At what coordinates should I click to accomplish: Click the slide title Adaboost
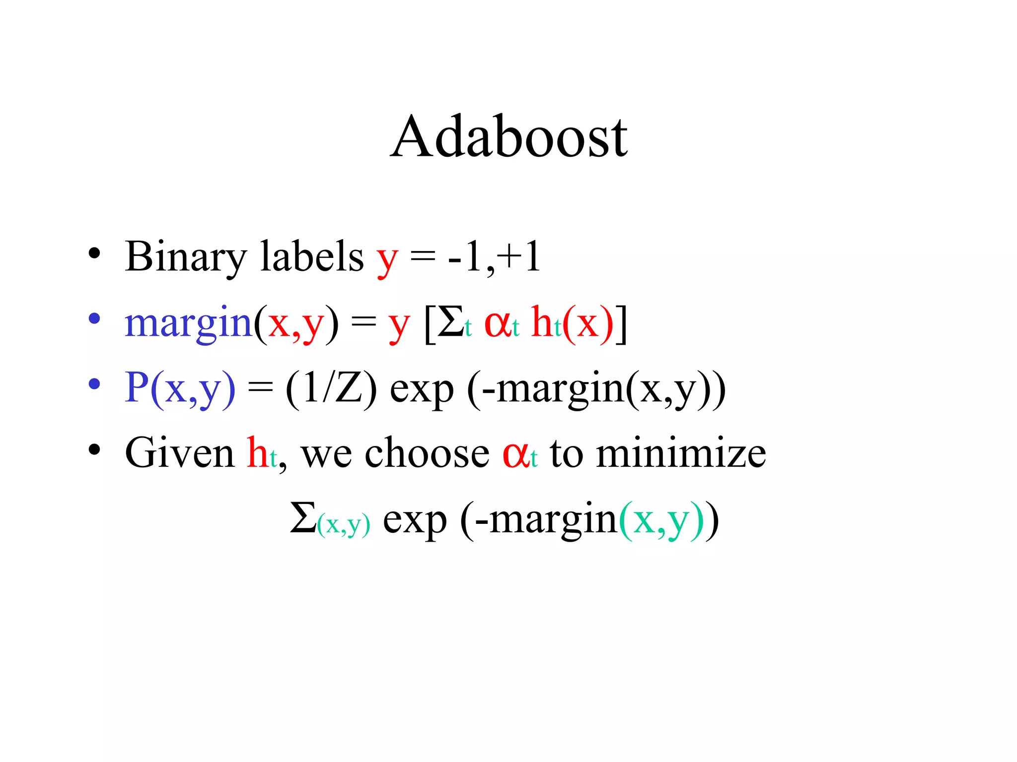coord(508,136)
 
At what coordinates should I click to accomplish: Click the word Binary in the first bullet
coord(185,257)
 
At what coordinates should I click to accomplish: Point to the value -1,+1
coord(494,257)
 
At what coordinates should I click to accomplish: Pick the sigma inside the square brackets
coord(451,322)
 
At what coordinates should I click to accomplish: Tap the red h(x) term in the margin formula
coord(571,322)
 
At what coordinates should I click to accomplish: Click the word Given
coord(179,452)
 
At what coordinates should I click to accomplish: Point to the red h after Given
coord(257,452)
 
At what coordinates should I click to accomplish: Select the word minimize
coord(681,452)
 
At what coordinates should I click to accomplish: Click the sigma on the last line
coord(303,518)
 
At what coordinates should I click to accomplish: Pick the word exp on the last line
coord(415,521)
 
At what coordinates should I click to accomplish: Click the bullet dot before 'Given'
coord(94,449)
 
